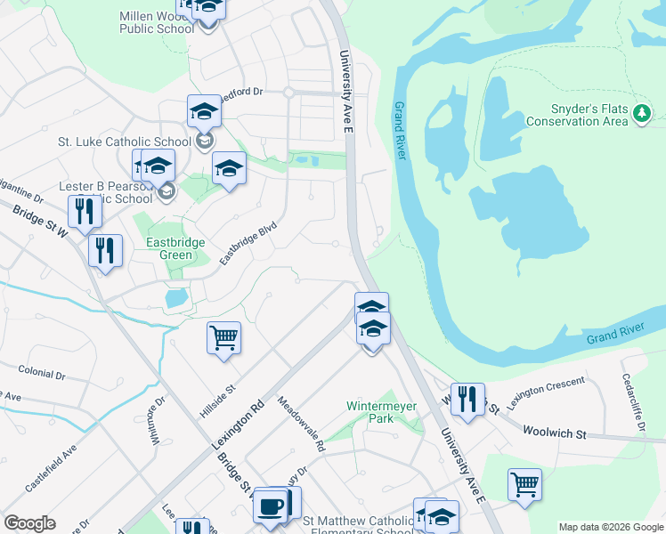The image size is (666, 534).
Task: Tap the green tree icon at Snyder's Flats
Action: (x=642, y=113)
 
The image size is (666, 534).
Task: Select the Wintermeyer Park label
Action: (x=381, y=412)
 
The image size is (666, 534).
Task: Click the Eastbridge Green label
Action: (x=175, y=248)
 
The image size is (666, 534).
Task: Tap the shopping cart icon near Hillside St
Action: (x=223, y=338)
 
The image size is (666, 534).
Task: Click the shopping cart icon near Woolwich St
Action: (x=524, y=485)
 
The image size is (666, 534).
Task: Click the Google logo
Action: (x=29, y=523)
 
